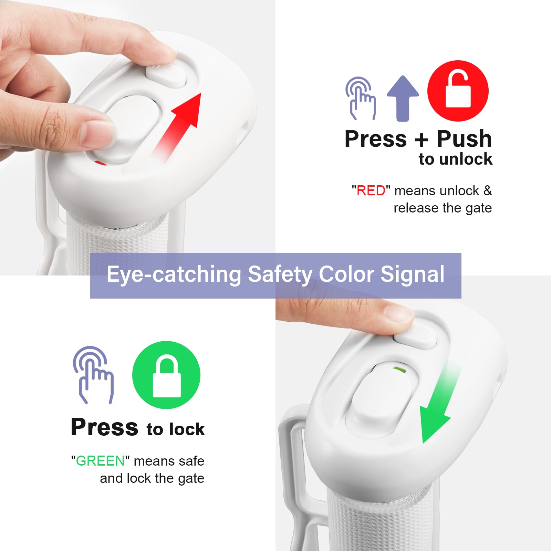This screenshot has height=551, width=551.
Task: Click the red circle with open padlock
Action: pyautogui.click(x=458, y=91)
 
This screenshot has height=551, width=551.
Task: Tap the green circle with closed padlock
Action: pyautogui.click(x=166, y=375)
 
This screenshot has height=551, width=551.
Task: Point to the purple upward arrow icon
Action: pyautogui.click(x=403, y=98)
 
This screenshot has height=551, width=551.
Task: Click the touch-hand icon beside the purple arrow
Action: pyautogui.click(x=361, y=98)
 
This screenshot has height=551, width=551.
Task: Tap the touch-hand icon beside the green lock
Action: pyautogui.click(x=93, y=375)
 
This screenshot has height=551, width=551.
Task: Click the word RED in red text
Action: pyautogui.click(x=371, y=190)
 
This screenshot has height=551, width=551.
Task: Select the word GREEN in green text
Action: pyautogui.click(x=100, y=461)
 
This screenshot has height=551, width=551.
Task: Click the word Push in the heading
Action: pyautogui.click(x=465, y=139)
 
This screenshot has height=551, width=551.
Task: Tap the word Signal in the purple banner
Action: pyautogui.click(x=412, y=274)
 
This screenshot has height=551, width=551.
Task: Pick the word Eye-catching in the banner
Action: pyautogui.click(x=174, y=274)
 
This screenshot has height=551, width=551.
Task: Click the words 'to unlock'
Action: pyautogui.click(x=456, y=159)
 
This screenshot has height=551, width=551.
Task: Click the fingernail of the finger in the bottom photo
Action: pyautogui.click(x=399, y=313)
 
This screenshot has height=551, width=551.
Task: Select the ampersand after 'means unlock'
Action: pyautogui.click(x=487, y=190)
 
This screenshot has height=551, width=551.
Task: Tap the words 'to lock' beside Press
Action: pyautogui.click(x=176, y=429)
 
